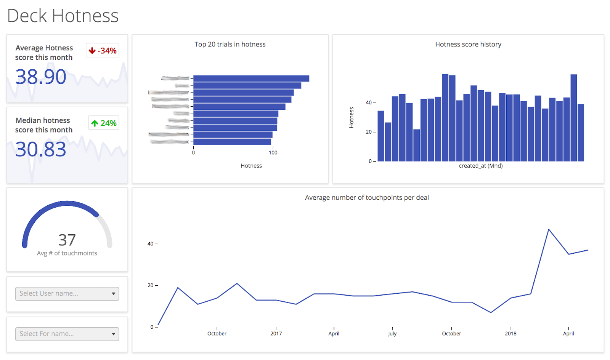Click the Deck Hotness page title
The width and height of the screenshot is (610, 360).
coord(63,16)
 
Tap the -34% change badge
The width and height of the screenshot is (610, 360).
coord(103,51)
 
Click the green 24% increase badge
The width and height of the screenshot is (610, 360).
coord(104,123)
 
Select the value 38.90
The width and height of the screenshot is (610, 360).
coord(41,77)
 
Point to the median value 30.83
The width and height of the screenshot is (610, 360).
coord(41,149)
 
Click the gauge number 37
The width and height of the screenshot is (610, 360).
coord(67,240)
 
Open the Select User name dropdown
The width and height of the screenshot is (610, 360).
coord(67,294)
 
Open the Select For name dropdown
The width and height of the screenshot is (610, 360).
coord(67,334)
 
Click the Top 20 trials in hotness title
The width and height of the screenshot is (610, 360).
coord(230,44)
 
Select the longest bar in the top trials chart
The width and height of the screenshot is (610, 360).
coord(251,78)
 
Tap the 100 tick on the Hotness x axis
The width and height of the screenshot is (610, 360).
coord(273,153)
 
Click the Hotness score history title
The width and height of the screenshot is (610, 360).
coord(468,44)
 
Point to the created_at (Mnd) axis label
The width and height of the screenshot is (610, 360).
coord(481,166)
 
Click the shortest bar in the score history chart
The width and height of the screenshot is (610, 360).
coord(416,146)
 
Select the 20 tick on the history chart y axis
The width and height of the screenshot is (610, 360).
coord(369,132)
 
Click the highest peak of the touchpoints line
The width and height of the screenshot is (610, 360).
coord(549,229)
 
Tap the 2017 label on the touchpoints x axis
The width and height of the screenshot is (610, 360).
coord(276,333)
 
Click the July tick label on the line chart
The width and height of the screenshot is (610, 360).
coord(392,333)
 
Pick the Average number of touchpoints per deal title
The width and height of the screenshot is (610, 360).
coord(367,197)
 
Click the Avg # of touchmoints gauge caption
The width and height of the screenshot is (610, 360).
coord(67,253)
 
